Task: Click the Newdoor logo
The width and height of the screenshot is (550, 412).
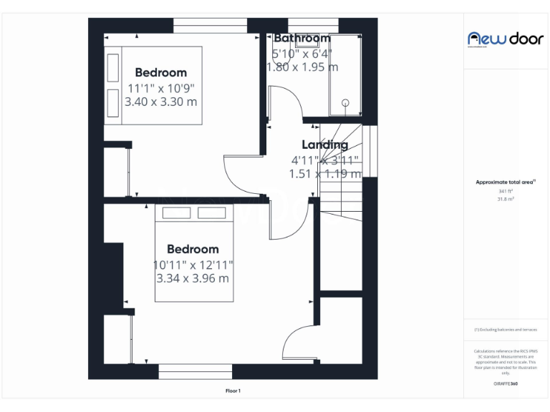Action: (x=505, y=39)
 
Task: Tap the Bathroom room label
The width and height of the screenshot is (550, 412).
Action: (x=301, y=38)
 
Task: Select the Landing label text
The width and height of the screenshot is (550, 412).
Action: (x=324, y=144)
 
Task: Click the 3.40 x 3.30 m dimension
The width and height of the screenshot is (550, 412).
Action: (x=160, y=102)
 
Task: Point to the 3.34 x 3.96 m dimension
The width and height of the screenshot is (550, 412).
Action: (x=193, y=278)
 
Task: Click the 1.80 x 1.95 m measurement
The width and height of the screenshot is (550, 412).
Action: (x=302, y=67)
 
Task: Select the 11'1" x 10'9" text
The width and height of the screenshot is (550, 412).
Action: (x=160, y=88)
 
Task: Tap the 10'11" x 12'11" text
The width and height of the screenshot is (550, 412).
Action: (x=193, y=265)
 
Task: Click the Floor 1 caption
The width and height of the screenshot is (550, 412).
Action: (x=233, y=391)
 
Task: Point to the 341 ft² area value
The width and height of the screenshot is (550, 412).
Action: (x=505, y=192)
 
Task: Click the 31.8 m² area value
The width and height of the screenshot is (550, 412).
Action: (x=505, y=200)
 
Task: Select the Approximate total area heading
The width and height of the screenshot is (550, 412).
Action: (x=505, y=183)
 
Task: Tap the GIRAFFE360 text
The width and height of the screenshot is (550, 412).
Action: (x=505, y=384)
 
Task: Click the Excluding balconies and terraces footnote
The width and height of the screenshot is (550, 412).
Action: (x=505, y=330)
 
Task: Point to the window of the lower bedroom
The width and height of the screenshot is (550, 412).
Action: (x=195, y=371)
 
